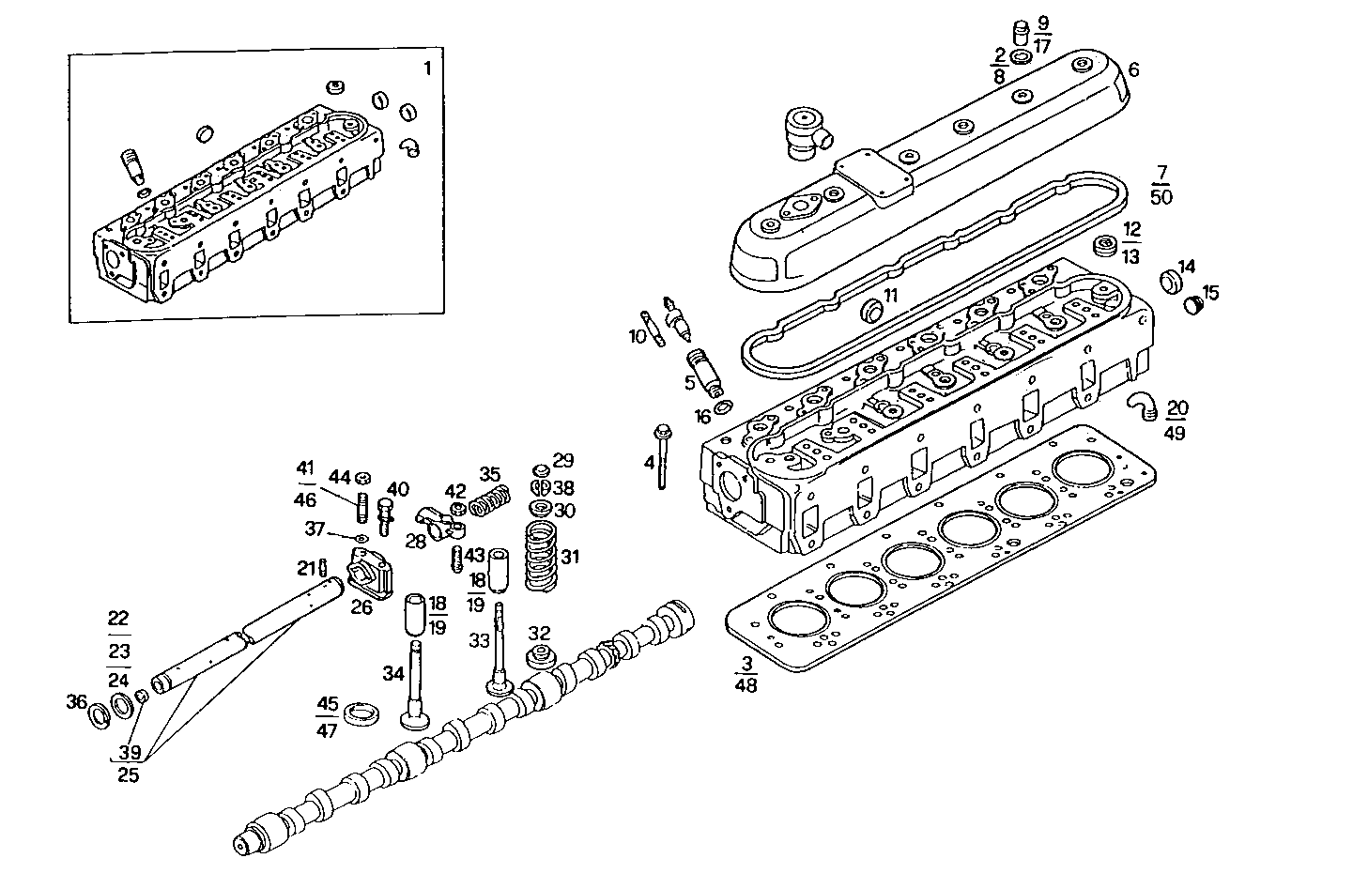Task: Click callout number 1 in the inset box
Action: pyautogui.click(x=428, y=68)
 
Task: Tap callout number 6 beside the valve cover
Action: pyautogui.click(x=1133, y=70)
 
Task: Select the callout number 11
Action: pyautogui.click(x=890, y=295)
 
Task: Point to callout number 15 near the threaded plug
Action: pyautogui.click(x=1211, y=294)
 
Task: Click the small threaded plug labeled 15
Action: pyautogui.click(x=1193, y=306)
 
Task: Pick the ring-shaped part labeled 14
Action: pyautogui.click(x=1170, y=281)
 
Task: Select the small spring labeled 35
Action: pyautogui.click(x=488, y=501)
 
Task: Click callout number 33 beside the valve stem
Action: pyautogui.click(x=480, y=641)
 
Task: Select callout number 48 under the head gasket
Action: pyautogui.click(x=747, y=684)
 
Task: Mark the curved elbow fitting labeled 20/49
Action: pyautogui.click(x=1141, y=405)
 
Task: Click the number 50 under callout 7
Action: pyautogui.click(x=1161, y=196)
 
